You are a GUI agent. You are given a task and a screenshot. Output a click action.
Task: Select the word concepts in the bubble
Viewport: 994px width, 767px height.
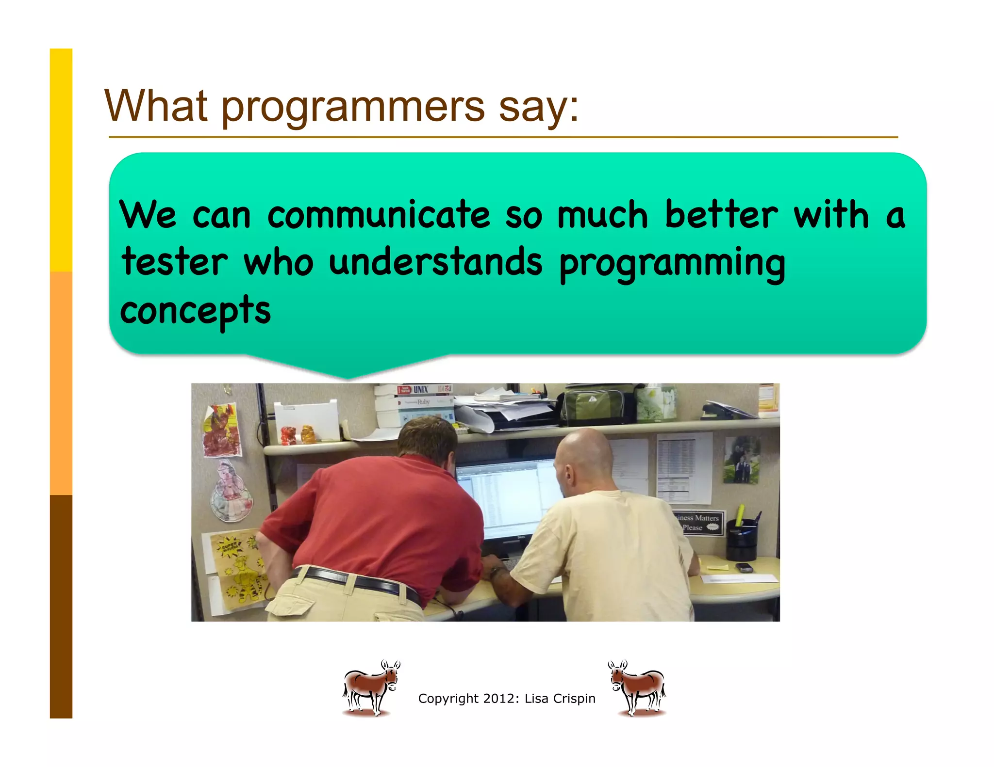pyautogui.click(x=195, y=310)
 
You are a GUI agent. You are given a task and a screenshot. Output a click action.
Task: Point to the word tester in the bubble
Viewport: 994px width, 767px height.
pyautogui.click(x=175, y=262)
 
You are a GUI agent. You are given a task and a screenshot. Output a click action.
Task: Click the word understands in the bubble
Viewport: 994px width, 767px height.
pyautogui.click(x=435, y=262)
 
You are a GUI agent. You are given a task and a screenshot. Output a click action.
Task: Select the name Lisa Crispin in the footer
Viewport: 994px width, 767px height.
pyautogui.click(x=560, y=699)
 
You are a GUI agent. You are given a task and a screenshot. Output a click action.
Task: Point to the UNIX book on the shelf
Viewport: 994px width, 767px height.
pyautogui.click(x=420, y=389)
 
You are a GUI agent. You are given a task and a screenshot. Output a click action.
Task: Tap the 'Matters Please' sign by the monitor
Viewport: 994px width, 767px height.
pyautogui.click(x=699, y=523)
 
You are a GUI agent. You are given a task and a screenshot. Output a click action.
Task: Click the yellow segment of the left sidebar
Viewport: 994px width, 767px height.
pyautogui.click(x=61, y=160)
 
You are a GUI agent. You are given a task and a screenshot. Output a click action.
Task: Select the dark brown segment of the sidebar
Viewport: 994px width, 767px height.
pyautogui.click(x=61, y=606)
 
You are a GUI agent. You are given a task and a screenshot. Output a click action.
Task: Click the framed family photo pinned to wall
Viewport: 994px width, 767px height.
pyautogui.click(x=741, y=460)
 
